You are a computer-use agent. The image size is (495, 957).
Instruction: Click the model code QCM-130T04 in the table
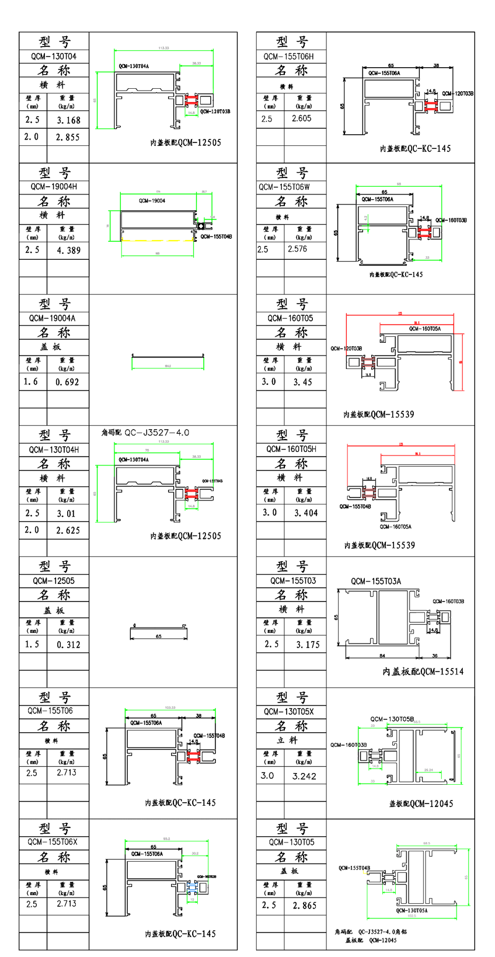point(54,57)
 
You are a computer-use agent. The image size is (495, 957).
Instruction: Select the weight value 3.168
point(68,120)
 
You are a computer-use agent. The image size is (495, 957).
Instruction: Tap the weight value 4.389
point(68,250)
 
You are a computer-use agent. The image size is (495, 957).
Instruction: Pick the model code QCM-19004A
point(54,319)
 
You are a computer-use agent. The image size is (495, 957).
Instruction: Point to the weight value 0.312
point(68,645)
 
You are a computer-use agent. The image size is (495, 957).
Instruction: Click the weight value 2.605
point(301,119)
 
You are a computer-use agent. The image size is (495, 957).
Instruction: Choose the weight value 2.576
point(297,249)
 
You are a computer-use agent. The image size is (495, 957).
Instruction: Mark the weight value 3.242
point(304,776)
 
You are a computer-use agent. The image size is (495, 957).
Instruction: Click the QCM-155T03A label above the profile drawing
point(376,582)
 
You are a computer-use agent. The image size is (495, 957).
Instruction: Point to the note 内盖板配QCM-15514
point(423,672)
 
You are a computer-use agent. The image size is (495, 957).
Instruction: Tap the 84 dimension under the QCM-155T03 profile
point(382,656)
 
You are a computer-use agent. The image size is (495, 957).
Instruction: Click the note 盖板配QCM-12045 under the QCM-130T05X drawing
point(421,804)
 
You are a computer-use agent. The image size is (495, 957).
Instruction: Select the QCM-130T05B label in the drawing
point(392,719)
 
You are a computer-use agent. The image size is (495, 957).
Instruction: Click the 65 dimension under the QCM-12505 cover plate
point(159,636)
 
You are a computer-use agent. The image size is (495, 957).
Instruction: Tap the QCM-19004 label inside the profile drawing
point(152,201)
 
